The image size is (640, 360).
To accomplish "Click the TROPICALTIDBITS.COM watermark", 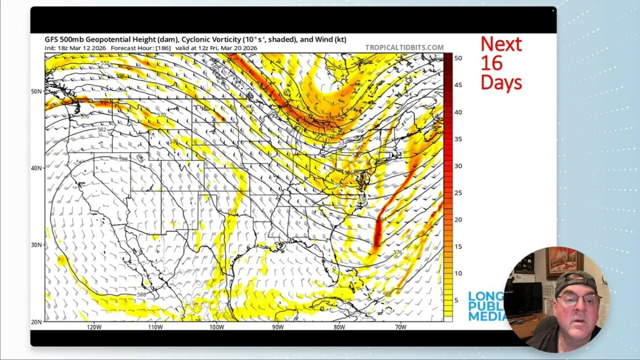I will (404, 47).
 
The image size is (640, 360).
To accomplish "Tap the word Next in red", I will (501, 44).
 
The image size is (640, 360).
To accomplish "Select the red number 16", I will (491, 63).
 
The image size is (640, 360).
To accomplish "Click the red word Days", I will (501, 82).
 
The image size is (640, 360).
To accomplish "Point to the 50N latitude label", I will (36, 91).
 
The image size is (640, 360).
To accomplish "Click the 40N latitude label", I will (36, 168).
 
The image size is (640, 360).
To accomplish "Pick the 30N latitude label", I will (36, 245).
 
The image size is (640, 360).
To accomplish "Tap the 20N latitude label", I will (36, 322).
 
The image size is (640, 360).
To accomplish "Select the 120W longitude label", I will (94, 327).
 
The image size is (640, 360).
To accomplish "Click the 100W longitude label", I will (217, 327).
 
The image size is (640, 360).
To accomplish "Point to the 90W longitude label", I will (278, 327).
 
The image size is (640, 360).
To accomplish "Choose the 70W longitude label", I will (401, 327).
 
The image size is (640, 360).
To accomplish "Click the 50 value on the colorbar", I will (458, 58).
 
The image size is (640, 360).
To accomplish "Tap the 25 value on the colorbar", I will (458, 193).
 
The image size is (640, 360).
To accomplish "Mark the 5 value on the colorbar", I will (457, 300).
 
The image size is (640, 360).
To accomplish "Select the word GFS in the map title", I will (52, 39).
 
